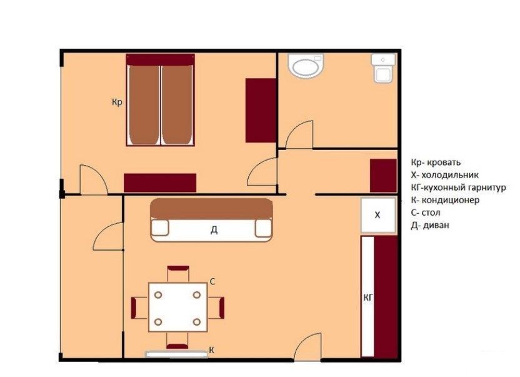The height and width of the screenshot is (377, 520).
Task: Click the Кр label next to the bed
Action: click(117, 103)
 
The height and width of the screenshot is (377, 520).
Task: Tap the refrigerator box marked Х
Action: click(378, 215)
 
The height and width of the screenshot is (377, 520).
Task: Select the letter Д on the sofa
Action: click(214, 229)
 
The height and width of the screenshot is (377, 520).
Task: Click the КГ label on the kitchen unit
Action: click(368, 298)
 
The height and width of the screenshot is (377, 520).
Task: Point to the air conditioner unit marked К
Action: click(177, 354)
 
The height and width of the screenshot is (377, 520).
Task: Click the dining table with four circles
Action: click(177, 308)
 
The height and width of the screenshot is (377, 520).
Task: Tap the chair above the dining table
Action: click(177, 273)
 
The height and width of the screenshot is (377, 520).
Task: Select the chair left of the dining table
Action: click(139, 308)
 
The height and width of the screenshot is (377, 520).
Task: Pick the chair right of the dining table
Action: click(216, 308)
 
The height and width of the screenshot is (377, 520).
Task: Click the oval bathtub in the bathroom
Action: click(306, 66)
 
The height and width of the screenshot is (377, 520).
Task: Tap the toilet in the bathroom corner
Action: click(383, 68)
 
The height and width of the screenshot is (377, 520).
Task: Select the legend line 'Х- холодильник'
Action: click(445, 174)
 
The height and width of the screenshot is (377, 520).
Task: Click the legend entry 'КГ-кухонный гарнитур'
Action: click(458, 188)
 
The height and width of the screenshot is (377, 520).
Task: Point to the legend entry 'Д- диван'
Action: click(430, 225)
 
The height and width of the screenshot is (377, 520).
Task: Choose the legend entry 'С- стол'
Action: click(426, 213)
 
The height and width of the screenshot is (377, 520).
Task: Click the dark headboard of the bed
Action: click(160, 60)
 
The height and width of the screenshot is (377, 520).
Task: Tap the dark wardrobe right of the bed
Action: click(261, 111)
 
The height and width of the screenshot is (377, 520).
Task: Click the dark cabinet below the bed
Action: click(160, 183)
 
